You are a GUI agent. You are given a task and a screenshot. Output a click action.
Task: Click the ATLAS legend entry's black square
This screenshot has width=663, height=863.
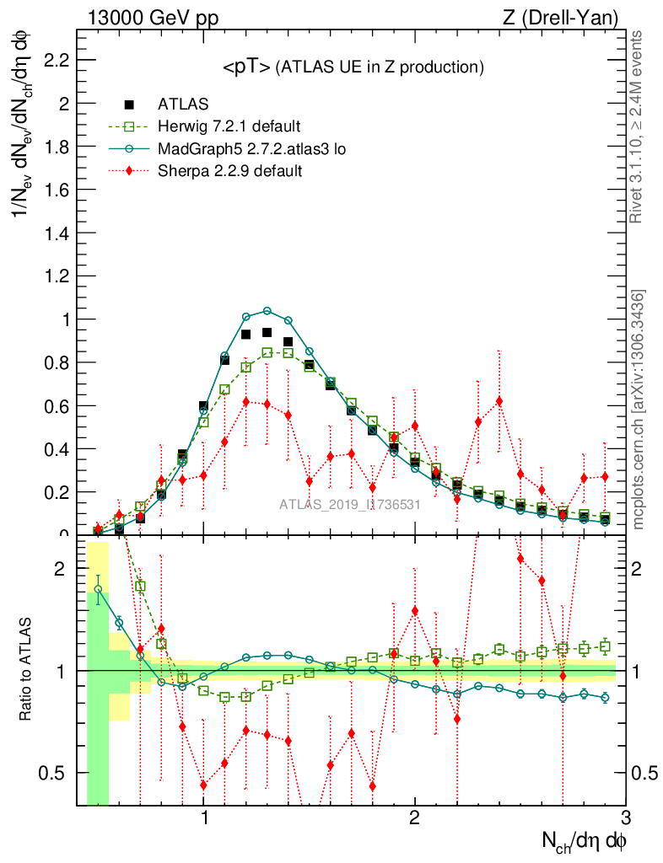129,105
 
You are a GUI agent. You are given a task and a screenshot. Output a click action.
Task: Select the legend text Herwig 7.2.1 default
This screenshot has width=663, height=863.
229,127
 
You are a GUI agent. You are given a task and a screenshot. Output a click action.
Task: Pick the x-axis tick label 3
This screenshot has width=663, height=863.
625,818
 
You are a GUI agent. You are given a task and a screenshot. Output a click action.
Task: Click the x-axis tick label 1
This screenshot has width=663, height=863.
204,818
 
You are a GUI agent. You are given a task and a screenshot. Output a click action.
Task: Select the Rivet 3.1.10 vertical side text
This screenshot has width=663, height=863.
638,126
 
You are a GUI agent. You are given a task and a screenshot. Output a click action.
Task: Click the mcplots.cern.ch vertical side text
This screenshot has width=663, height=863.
639,410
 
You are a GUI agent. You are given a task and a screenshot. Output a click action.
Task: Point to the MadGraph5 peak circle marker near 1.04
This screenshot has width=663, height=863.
267,311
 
